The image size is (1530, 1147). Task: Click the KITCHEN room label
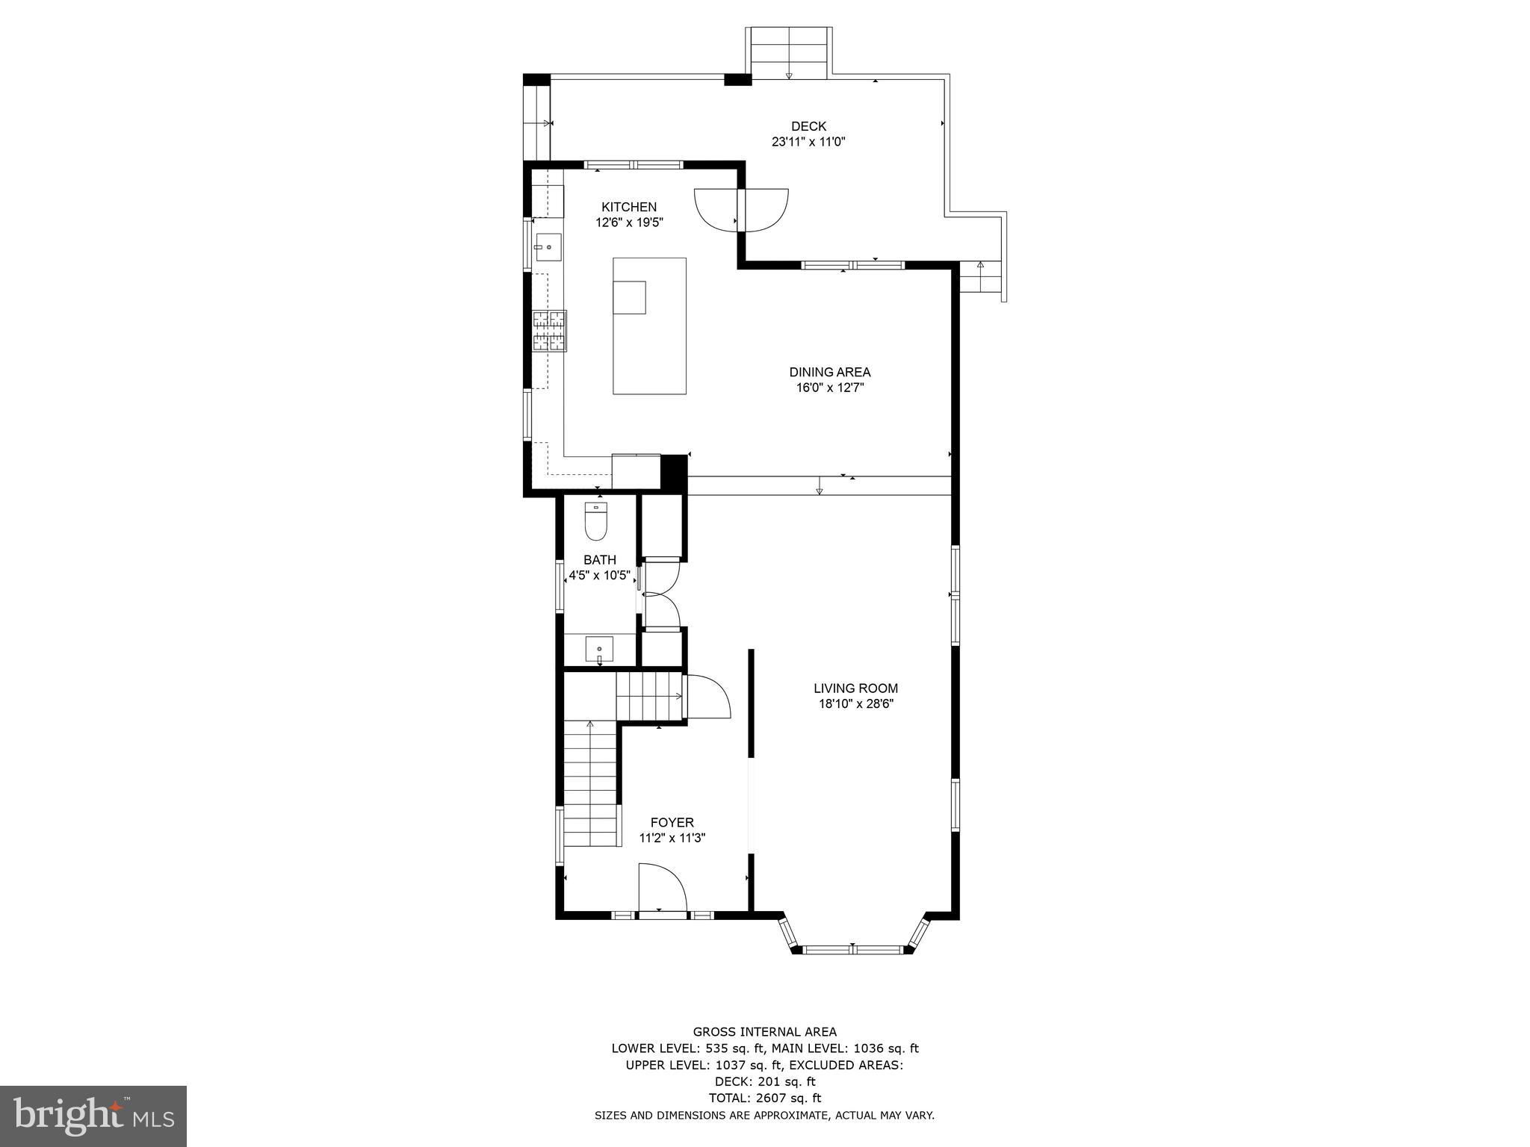click(629, 207)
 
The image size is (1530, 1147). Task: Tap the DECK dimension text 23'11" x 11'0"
click(808, 141)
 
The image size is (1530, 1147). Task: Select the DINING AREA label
click(829, 372)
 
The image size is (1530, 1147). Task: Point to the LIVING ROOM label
click(855, 688)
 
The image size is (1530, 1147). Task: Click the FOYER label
click(672, 822)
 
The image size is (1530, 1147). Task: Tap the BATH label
click(599, 560)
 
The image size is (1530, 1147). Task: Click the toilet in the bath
click(595, 521)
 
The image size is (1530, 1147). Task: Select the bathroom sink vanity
click(599, 648)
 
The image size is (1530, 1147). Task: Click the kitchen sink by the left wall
click(548, 247)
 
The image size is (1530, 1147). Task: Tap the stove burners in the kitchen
click(549, 330)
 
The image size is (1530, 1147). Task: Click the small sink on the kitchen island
click(629, 297)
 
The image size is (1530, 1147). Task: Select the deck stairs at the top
click(789, 52)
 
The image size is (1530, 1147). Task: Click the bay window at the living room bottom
click(852, 949)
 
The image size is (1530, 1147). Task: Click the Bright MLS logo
click(93, 1116)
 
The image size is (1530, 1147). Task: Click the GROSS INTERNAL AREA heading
click(764, 1032)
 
